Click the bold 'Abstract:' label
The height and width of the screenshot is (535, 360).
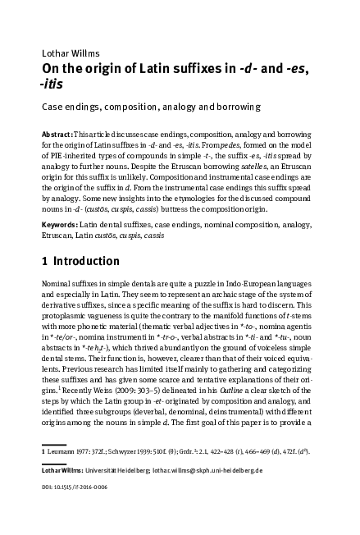click(59, 134)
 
